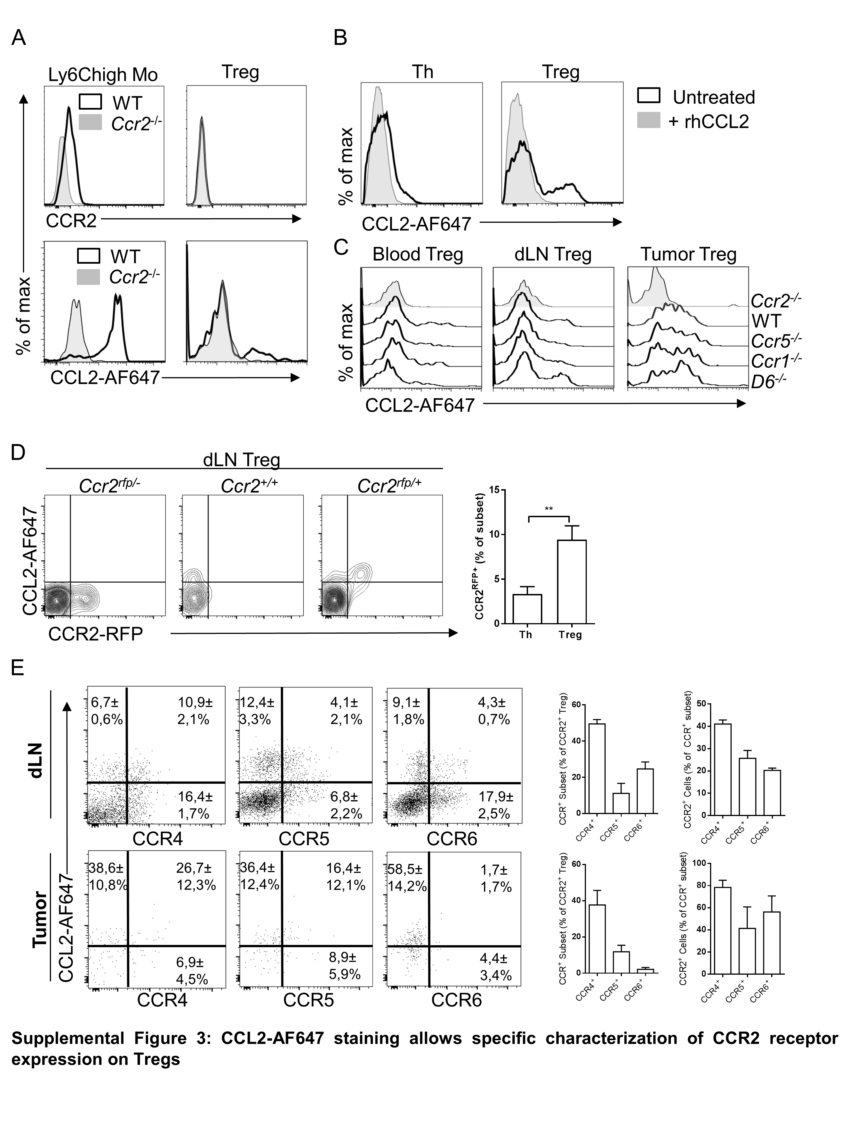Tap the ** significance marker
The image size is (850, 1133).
[549, 509]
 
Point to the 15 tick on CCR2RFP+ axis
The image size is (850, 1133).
[494, 490]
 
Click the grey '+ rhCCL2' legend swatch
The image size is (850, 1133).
[648, 121]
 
